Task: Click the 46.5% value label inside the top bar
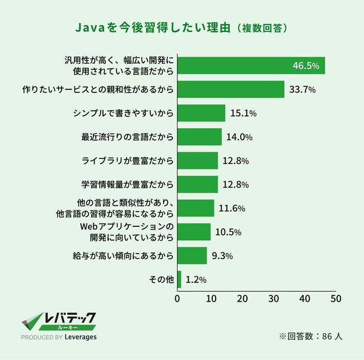[306, 66]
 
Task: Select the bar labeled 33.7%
[231, 90]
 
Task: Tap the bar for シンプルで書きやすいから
[202, 113]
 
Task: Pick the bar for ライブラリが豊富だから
[198, 161]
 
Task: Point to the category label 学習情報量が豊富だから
[127, 184]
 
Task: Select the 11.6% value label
[232, 208]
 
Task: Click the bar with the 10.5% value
[194, 232]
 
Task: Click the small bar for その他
[179, 279]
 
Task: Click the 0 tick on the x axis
[178, 299]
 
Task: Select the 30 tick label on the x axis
[273, 299]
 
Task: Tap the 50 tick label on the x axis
[336, 299]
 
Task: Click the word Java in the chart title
[91, 28]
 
